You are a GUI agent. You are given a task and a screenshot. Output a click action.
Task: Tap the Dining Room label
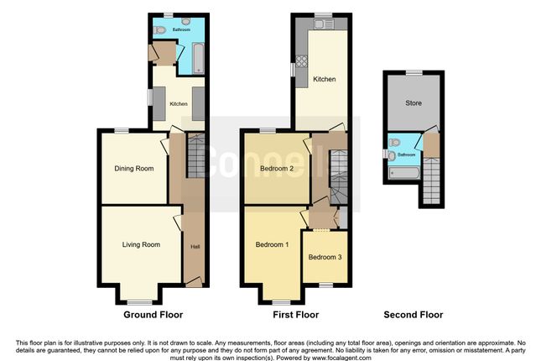point(134,169)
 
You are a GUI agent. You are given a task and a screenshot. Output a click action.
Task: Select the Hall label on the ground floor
point(195,247)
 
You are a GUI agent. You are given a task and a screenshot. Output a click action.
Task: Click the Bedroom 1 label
point(273,244)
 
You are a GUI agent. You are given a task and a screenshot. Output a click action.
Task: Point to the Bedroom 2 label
point(276,169)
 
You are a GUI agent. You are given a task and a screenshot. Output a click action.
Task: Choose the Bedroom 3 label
point(325,257)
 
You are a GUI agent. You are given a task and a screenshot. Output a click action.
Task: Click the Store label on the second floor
point(414,103)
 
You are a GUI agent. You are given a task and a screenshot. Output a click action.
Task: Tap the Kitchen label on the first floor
point(325,80)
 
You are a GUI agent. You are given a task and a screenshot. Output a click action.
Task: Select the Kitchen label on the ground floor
point(179,104)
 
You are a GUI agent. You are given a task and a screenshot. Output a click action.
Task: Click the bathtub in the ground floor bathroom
point(197,56)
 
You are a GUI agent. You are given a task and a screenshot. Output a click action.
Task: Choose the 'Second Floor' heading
point(414,316)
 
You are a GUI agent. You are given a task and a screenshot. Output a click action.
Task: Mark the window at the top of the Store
point(413,73)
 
